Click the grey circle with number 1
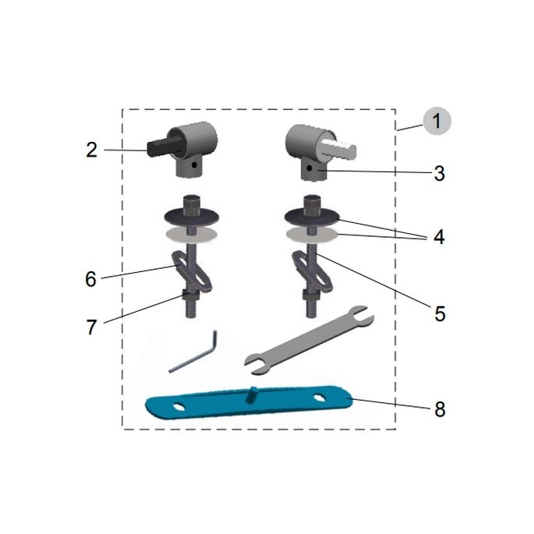click(437, 121)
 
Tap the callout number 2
click(92, 149)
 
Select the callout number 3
click(440, 174)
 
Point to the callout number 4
click(439, 236)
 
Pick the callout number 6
click(91, 279)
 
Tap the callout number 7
click(91, 327)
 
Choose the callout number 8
click(440, 409)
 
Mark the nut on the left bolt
click(190, 295)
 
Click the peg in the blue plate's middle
click(253, 394)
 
